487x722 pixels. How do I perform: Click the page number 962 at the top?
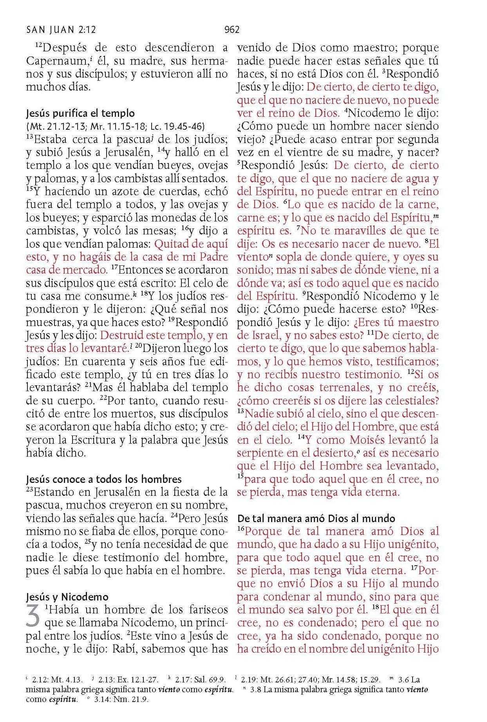[232, 30]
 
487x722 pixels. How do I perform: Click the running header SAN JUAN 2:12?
[61, 30]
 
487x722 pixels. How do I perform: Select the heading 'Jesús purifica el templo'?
[80, 114]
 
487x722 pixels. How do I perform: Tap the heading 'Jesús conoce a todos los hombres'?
[104, 479]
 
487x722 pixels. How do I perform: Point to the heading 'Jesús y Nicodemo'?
[67, 597]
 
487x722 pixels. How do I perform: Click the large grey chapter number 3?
[34, 617]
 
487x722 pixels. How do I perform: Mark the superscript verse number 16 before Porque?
[241, 529]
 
